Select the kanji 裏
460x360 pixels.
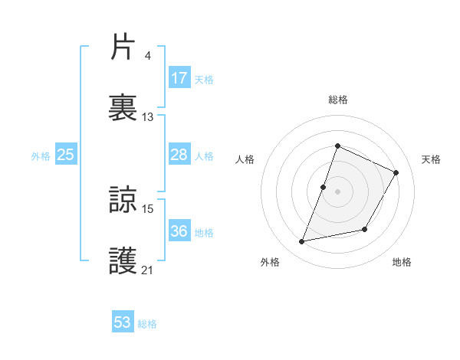point(123,108)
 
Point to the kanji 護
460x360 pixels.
point(123,261)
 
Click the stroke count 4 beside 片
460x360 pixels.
point(147,55)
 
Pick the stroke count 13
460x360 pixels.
point(148,117)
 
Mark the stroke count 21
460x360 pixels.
point(148,270)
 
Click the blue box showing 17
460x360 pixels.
point(179,78)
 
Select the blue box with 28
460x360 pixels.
point(179,155)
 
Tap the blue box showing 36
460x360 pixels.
point(179,232)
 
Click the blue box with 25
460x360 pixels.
point(66,155)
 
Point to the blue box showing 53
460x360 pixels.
point(123,323)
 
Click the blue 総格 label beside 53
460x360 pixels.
point(147,324)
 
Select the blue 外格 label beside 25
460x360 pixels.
point(41,156)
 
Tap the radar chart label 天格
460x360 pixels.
point(431,159)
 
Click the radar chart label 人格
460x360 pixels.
point(245,159)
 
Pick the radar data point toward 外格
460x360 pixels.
point(302,242)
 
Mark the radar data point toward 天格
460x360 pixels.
point(396,172)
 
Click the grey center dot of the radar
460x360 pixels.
point(337,191)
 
